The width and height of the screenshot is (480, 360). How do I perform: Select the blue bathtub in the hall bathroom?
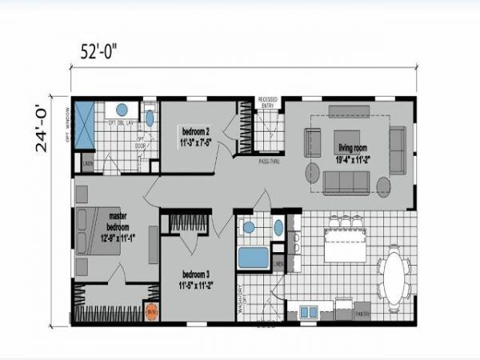254,258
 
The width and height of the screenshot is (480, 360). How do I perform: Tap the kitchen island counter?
344,243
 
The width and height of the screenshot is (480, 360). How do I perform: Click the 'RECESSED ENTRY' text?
267,102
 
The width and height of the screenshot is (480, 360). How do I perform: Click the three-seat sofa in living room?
346,182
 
